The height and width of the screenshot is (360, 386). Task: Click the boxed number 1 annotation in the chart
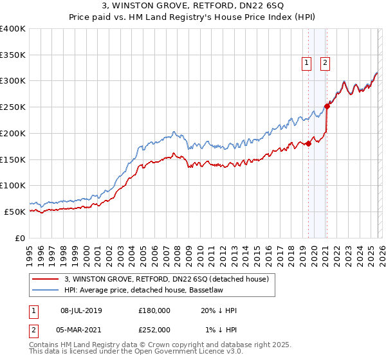click(x=306, y=63)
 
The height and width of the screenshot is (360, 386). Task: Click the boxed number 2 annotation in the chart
click(x=326, y=63)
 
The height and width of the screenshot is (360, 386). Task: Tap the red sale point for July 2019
click(x=308, y=143)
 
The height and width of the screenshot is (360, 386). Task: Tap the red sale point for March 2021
click(x=327, y=106)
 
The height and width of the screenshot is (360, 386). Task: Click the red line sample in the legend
click(x=46, y=279)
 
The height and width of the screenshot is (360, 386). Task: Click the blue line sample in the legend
click(x=46, y=290)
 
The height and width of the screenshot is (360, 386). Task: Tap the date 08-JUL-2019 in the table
click(x=81, y=310)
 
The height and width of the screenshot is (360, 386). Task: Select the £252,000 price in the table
click(x=154, y=329)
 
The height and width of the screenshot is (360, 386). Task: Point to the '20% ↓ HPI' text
click(x=219, y=310)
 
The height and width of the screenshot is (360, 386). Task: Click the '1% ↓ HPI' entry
click(x=221, y=329)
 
